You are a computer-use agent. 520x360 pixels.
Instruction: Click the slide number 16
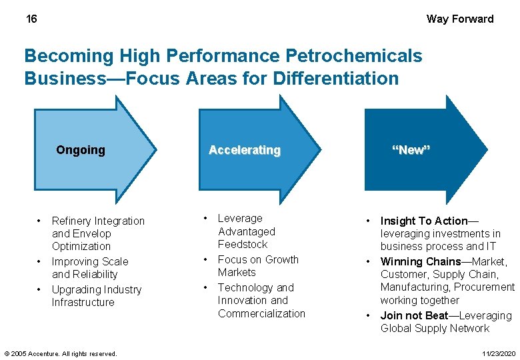[31, 19]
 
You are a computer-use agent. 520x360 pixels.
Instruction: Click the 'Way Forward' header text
[460, 19]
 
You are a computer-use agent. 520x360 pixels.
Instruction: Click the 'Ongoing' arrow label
[81, 150]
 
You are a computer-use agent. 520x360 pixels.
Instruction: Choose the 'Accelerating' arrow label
[245, 150]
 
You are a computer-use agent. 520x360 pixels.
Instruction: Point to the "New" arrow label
[411, 150]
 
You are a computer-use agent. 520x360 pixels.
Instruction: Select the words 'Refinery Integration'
[98, 221]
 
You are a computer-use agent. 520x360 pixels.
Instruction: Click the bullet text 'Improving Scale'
[90, 262]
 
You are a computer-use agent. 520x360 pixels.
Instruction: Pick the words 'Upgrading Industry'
[97, 290]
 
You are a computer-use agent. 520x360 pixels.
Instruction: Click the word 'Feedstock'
[243, 245]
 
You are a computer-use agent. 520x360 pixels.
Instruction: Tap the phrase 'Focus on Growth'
[258, 259]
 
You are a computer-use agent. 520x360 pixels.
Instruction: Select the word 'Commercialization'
[261, 313]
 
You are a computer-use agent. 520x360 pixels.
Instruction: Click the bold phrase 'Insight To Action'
[423, 221]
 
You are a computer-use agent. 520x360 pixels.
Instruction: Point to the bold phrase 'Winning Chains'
[421, 262]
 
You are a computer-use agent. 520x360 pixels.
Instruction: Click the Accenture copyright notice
[61, 353]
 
